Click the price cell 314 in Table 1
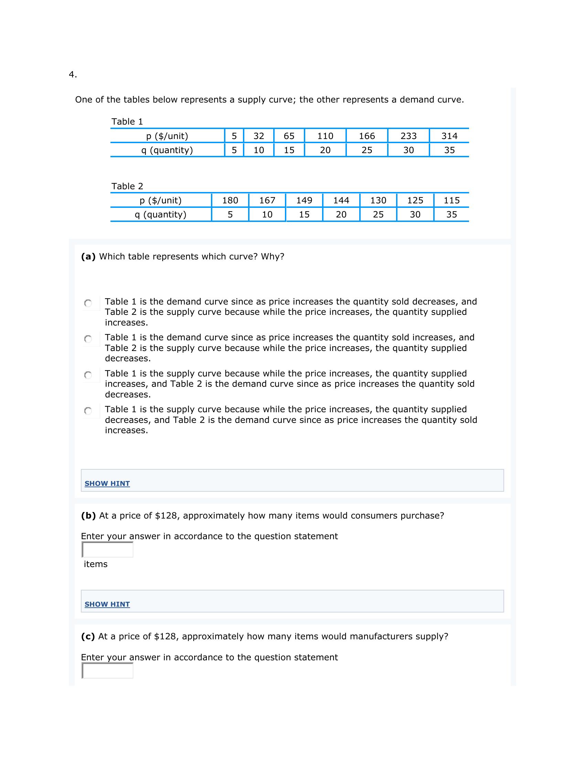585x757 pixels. click(449, 136)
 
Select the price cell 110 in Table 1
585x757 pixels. click(325, 136)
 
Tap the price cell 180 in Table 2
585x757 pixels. click(230, 200)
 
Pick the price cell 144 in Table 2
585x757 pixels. click(341, 200)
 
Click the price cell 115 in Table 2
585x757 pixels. click(451, 200)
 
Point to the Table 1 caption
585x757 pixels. click(127, 122)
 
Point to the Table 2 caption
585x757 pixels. click(127, 186)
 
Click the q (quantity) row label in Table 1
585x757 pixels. click(167, 150)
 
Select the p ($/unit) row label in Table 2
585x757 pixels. click(160, 200)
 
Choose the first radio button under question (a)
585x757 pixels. click(88, 303)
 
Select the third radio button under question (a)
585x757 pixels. click(88, 375)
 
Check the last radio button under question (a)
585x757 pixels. click(88, 411)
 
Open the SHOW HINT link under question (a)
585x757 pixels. click(107, 483)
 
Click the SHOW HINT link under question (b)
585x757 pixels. click(107, 604)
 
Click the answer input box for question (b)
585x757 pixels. click(107, 550)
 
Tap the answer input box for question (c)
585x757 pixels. click(107, 671)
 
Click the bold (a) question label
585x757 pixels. click(88, 256)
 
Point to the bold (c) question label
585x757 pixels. click(88, 636)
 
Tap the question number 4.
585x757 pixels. click(72, 75)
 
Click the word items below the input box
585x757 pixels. click(96, 564)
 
